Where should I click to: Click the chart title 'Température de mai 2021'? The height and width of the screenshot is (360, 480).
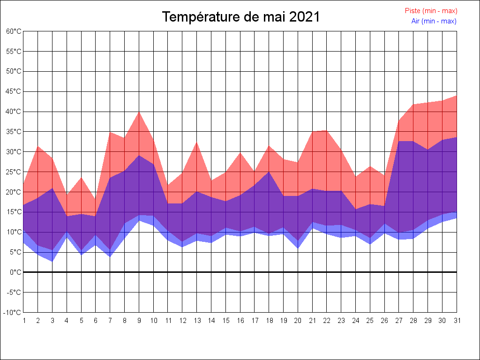point(241,17)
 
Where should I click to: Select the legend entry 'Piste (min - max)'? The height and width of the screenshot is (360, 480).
point(431,11)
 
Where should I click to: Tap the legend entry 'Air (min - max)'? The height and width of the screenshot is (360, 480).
point(434,21)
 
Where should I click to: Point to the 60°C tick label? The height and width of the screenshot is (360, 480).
point(14,31)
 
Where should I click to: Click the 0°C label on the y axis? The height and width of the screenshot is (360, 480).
point(16,272)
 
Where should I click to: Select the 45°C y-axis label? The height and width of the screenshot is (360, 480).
point(14,91)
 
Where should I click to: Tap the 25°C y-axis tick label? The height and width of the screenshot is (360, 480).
point(14,172)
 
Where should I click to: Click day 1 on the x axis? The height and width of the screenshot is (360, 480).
point(24,321)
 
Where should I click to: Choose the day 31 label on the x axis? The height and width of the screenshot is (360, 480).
point(457,321)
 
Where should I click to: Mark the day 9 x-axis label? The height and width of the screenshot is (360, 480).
point(139,321)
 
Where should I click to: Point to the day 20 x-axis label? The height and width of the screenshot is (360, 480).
point(298,321)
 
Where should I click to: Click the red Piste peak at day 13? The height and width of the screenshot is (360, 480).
point(197,142)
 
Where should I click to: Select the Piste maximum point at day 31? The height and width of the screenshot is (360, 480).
point(456,96)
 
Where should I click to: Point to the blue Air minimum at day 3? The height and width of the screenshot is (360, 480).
point(52,261)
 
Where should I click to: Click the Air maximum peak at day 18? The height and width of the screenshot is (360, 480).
point(269,172)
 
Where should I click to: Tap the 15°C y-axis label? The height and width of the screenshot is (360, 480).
point(14,212)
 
